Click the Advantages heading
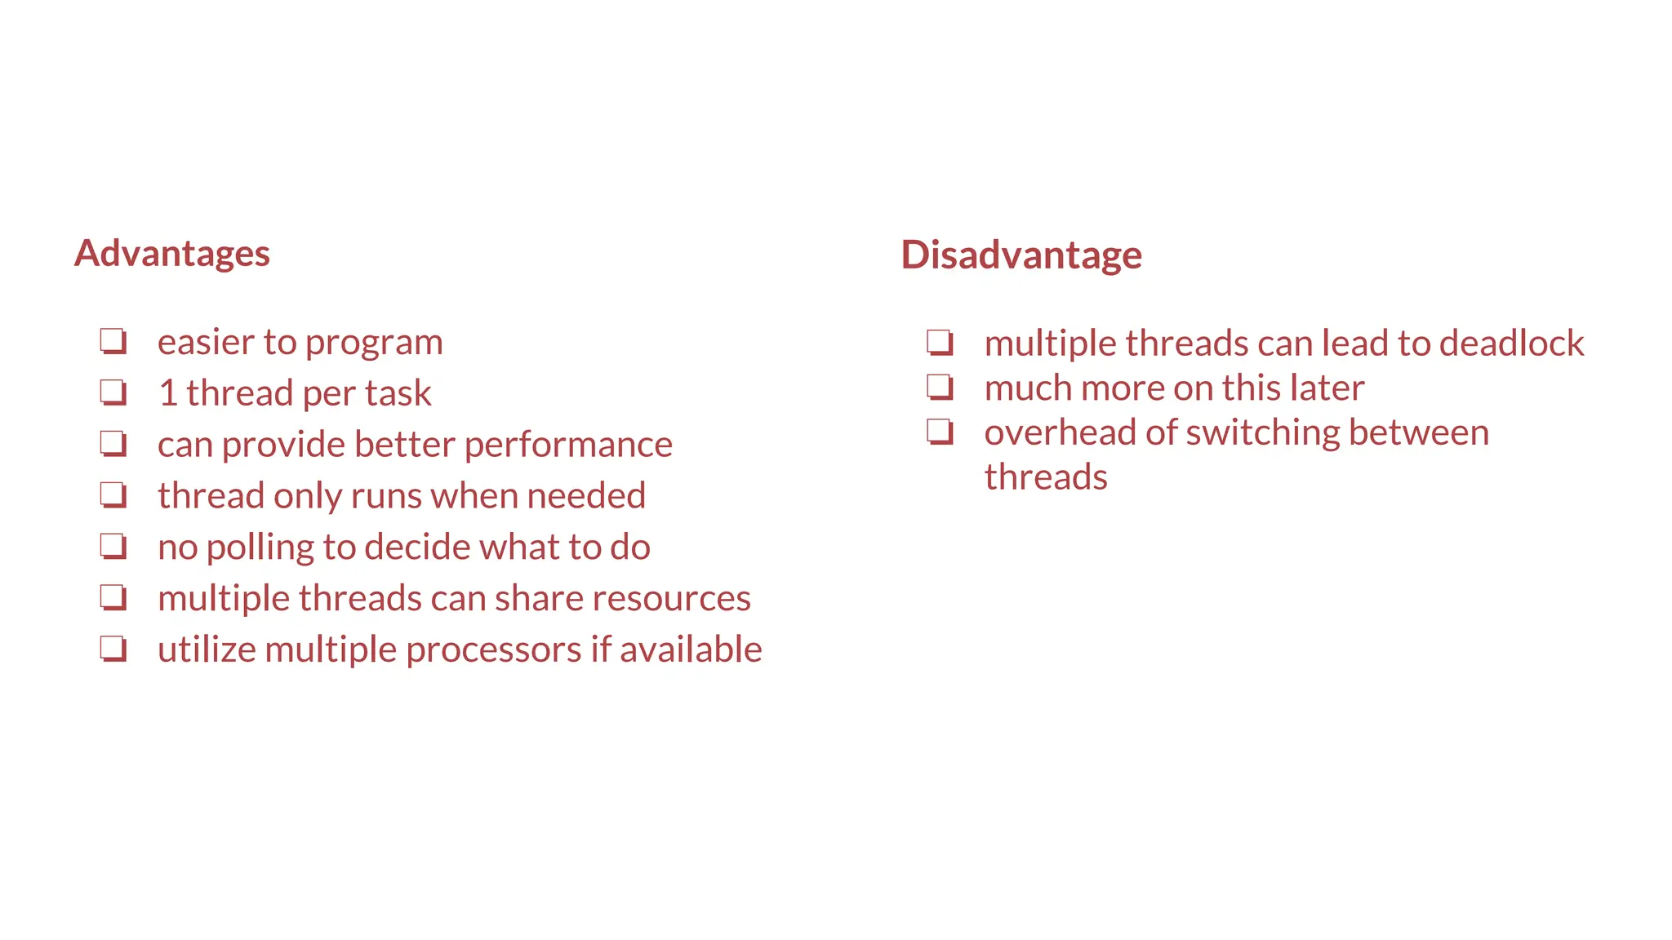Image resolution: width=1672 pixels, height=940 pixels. coord(171,253)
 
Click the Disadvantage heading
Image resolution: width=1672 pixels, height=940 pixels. coord(1021,255)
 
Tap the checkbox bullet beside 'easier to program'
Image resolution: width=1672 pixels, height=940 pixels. coord(113,341)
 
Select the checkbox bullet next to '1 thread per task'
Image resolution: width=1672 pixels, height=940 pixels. coord(113,392)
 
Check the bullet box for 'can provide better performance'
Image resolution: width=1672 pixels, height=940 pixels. coord(113,444)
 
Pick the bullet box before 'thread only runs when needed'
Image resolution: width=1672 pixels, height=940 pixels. coord(113,495)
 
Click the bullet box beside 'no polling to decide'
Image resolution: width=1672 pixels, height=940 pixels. coord(113,547)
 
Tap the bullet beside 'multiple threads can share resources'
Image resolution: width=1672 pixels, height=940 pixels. coord(113,598)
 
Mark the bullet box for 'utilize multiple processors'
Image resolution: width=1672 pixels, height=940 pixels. coord(113,650)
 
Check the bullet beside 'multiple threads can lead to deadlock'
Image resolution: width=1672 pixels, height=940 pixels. coord(940,343)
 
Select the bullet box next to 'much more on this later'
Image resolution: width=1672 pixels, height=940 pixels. coord(940,388)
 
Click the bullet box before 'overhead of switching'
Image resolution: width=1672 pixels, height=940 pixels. coord(940,432)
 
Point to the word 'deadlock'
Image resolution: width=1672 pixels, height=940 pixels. coord(1511,343)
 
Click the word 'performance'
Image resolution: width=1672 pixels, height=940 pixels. coord(568,446)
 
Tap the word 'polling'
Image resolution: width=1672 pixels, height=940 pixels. coord(260,548)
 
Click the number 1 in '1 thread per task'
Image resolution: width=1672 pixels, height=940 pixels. coord(168,393)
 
